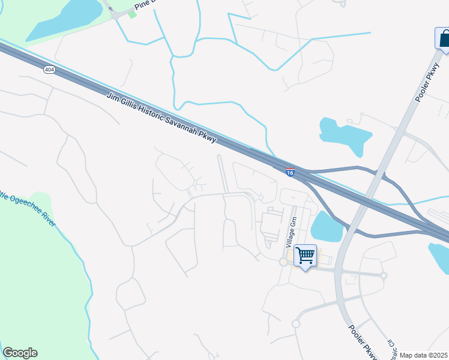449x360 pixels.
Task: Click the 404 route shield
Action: click(49, 70)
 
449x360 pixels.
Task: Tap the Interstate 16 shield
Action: click(290, 172)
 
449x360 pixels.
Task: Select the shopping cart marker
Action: click(306, 256)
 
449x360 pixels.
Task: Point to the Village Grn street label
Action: click(291, 232)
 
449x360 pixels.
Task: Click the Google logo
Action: click(20, 353)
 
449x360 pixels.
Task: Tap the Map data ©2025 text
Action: click(424, 355)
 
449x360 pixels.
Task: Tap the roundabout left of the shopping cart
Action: click(283, 262)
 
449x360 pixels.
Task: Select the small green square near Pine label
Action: click(133, 14)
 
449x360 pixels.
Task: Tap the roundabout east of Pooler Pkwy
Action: click(384, 276)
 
